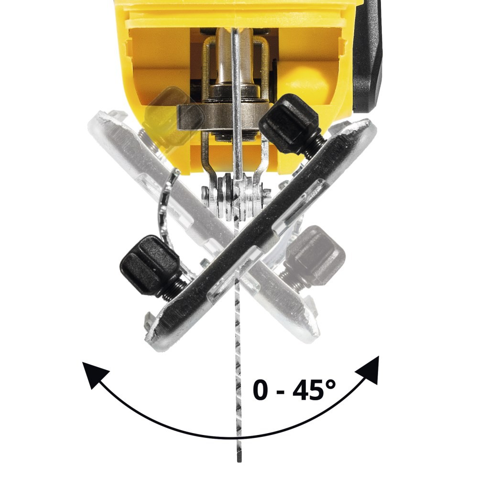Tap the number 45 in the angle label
tap(308, 390)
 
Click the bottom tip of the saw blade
tap(239, 461)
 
